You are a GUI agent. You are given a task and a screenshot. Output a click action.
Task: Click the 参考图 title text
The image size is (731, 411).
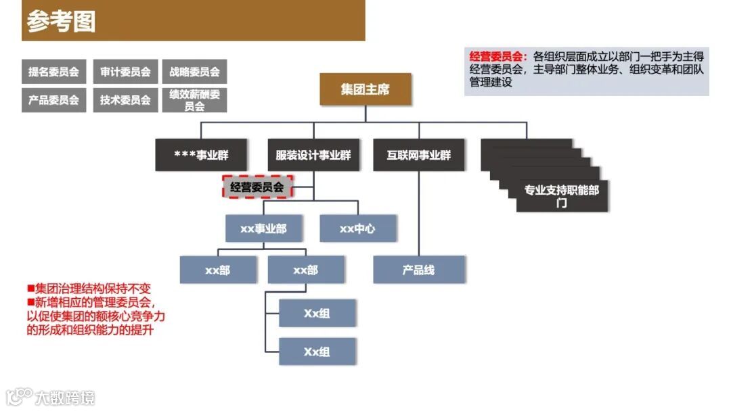tap(61, 21)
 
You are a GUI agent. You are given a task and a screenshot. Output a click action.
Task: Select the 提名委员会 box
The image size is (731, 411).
tap(53, 72)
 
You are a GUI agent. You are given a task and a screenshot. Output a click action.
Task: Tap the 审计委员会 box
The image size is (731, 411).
tap(125, 72)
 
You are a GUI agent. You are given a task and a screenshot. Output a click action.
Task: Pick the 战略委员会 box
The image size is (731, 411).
tap(194, 72)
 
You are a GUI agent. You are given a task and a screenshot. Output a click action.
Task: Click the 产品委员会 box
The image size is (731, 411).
tap(53, 99)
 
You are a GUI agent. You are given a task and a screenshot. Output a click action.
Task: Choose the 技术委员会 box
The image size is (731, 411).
tap(125, 99)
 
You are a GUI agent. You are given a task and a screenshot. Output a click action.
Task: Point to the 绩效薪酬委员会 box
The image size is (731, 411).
tap(194, 100)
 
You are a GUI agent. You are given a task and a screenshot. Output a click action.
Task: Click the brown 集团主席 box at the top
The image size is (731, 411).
tap(365, 89)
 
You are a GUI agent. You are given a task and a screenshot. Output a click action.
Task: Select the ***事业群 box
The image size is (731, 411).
tap(201, 155)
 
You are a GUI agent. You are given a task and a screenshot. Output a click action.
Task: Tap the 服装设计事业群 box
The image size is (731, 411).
tap(313, 155)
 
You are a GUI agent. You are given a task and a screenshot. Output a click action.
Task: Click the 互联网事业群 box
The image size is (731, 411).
tap(418, 155)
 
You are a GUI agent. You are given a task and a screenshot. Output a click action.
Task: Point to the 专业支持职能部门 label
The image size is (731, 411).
tap(561, 196)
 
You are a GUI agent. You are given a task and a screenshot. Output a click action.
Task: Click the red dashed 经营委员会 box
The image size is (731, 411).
tap(257, 187)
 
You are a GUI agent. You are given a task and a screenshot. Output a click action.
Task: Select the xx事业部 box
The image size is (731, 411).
tap(263, 228)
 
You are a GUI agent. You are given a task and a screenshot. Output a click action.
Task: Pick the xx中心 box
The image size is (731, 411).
tap(357, 228)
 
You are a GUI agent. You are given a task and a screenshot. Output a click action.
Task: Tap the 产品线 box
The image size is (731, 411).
tap(418, 270)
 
